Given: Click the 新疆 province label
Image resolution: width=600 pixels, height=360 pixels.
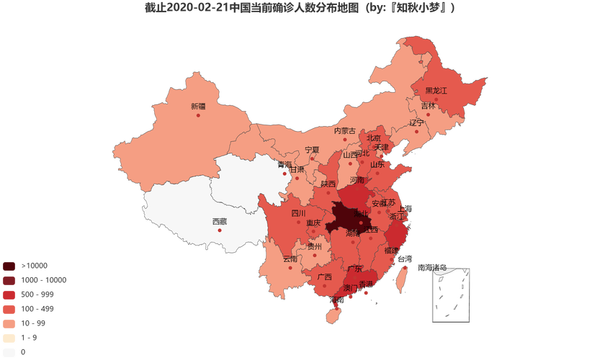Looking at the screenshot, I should pyautogui.click(x=198, y=107).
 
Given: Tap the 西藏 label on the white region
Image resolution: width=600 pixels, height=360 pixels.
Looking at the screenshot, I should pyautogui.click(x=219, y=221).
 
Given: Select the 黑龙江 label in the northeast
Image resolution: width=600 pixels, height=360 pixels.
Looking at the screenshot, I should pyautogui.click(x=436, y=91).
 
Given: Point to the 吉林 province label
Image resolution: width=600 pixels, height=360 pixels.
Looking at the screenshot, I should pyautogui.click(x=428, y=106).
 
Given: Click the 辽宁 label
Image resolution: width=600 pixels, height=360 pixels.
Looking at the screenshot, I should pyautogui.click(x=416, y=122).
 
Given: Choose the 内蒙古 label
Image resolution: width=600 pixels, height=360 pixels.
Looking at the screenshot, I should pyautogui.click(x=344, y=131).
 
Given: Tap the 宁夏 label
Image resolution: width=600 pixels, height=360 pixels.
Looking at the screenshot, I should pyautogui.click(x=312, y=150).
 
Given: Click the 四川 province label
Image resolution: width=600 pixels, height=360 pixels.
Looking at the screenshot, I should pyautogui.click(x=298, y=213).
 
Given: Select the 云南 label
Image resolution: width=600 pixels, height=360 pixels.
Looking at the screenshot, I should pyautogui.click(x=290, y=258).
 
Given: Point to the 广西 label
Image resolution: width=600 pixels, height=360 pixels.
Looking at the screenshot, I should pyautogui.click(x=324, y=276).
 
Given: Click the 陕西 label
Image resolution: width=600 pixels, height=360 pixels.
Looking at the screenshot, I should pyautogui.click(x=328, y=184).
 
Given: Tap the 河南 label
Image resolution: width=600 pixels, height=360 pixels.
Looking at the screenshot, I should pyautogui.click(x=357, y=180).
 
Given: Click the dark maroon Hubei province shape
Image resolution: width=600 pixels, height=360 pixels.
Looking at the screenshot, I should pyautogui.click(x=346, y=218).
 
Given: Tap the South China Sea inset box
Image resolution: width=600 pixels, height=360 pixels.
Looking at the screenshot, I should pyautogui.click(x=451, y=294).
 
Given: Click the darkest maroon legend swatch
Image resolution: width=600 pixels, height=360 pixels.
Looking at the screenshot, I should pyautogui.click(x=9, y=265).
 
